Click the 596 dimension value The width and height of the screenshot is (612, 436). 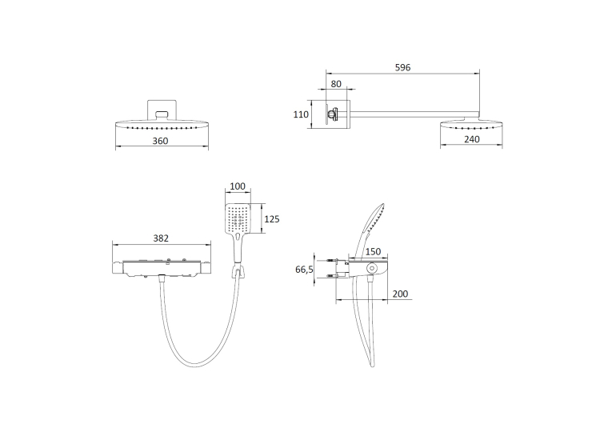pos(402,67)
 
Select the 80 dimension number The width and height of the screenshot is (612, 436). pos(336,84)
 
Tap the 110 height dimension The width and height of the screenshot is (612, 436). pos(301,114)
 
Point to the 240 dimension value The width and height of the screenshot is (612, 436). pos(471,139)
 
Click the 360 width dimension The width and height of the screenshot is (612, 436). pos(160,141)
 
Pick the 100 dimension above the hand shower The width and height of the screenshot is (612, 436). pos(238,186)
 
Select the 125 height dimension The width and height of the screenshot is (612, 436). pos(272,219)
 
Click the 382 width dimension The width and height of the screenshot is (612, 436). pos(161,238)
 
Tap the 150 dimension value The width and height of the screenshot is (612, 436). pos(373,252)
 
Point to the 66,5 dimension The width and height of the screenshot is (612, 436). pos(304,270)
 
